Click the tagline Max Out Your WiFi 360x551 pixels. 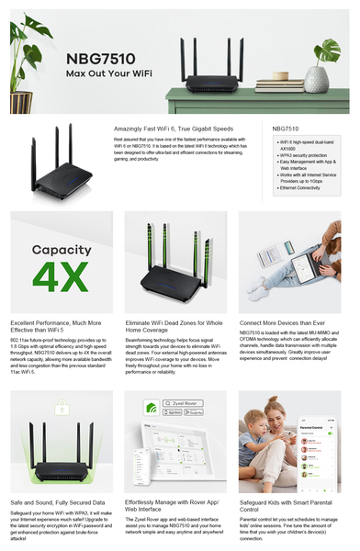pyautogui.click(x=107, y=73)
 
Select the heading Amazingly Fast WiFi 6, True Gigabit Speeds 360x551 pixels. pyautogui.click(x=179, y=129)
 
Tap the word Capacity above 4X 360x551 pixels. pyautogui.click(x=62, y=249)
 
